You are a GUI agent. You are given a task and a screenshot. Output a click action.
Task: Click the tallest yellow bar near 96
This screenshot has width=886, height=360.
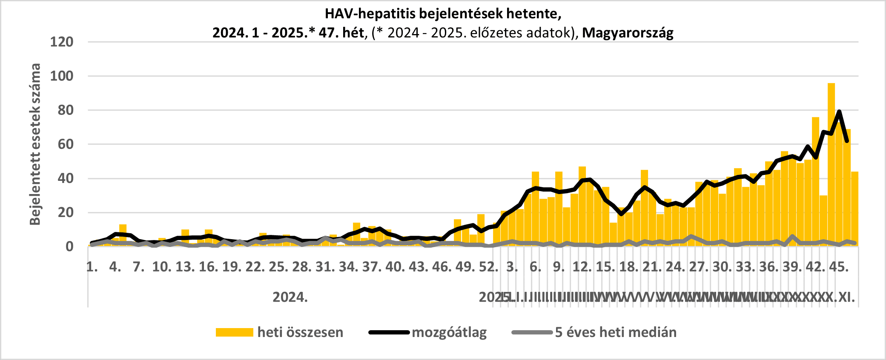pyautogui.click(x=831, y=166)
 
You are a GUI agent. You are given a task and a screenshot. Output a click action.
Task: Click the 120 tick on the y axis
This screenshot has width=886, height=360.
pyautogui.click(x=62, y=42)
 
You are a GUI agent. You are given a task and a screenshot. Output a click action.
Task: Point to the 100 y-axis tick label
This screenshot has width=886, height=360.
pyautogui.click(x=62, y=76)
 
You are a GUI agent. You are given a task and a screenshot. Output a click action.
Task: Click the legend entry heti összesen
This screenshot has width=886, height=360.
pyautogui.click(x=300, y=332)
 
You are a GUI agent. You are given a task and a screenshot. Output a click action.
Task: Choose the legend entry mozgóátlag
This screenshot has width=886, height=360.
pyautogui.click(x=449, y=332)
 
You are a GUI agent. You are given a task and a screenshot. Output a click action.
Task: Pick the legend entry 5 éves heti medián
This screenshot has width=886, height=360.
pyautogui.click(x=616, y=332)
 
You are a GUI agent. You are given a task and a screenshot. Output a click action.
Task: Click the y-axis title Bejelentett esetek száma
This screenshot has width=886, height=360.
pyautogui.click(x=35, y=144)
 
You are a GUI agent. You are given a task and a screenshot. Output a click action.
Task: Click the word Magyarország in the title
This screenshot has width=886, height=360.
pyautogui.click(x=628, y=33)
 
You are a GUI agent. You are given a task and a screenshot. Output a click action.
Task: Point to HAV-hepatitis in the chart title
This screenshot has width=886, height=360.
pyautogui.click(x=370, y=14)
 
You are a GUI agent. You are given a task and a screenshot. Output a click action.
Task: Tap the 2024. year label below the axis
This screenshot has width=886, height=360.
pyautogui.click(x=290, y=297)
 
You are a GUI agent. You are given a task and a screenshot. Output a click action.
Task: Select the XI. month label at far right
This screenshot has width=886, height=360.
pyautogui.click(x=846, y=297)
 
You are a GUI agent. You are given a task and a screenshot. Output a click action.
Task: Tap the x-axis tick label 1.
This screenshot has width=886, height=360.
pyautogui.click(x=92, y=267)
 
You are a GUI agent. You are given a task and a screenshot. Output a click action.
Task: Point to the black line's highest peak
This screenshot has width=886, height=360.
pyautogui.click(x=839, y=111)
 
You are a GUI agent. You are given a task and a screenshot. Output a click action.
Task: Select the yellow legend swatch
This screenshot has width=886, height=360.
pyautogui.click(x=234, y=332)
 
